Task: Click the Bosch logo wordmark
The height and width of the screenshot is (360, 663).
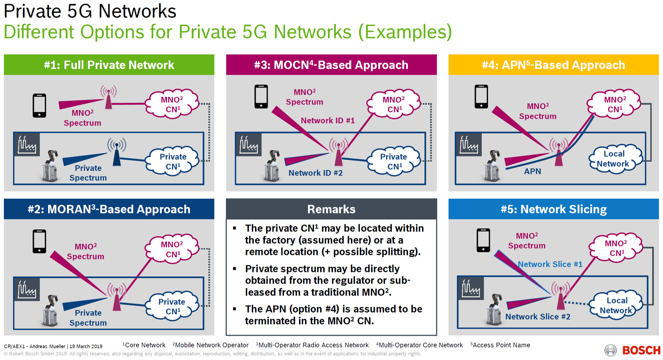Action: (x=641, y=351)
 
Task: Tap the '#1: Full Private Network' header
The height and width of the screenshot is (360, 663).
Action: (x=109, y=65)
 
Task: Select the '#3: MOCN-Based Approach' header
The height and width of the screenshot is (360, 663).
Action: (x=331, y=65)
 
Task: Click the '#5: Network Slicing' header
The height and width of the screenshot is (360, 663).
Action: (x=554, y=209)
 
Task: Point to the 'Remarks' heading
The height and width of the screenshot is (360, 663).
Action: (x=331, y=209)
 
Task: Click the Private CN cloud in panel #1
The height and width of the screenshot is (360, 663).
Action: (x=172, y=161)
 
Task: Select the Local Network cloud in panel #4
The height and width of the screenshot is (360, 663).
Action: (x=615, y=159)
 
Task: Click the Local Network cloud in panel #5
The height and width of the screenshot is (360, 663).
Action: (x=616, y=305)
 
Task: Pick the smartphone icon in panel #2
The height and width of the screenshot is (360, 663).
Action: (x=39, y=241)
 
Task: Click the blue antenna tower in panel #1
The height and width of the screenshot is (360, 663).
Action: (x=117, y=152)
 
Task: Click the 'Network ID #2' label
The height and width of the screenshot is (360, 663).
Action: (x=315, y=173)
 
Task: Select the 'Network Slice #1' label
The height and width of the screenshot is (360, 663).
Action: (x=550, y=264)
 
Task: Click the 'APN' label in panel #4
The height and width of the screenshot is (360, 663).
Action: (x=532, y=171)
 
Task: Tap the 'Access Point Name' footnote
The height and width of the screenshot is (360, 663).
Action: (x=500, y=345)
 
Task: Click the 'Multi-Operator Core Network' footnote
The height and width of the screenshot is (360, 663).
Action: (x=419, y=345)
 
